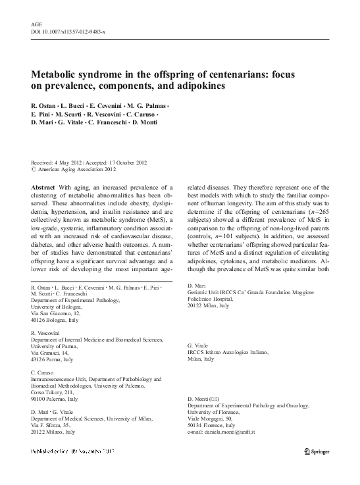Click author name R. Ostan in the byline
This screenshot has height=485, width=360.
[46, 107]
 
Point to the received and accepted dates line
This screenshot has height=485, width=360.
[89, 163]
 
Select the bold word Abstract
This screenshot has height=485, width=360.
[43, 187]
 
